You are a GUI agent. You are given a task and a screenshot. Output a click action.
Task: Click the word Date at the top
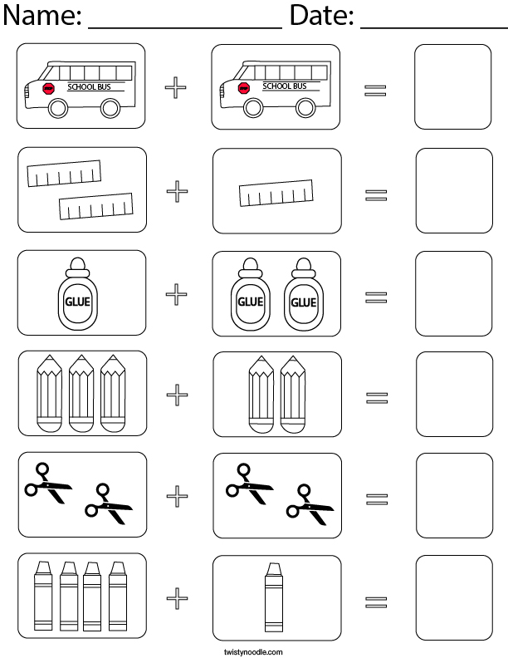(x=321, y=17)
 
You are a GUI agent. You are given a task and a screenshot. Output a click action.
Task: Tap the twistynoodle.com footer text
(x=253, y=651)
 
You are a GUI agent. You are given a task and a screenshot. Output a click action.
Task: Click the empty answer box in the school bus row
(x=452, y=87)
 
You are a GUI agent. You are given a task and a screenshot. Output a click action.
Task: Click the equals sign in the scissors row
(x=376, y=498)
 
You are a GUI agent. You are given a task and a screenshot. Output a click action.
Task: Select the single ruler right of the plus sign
(x=276, y=193)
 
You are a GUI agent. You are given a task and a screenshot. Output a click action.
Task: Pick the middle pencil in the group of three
(x=81, y=393)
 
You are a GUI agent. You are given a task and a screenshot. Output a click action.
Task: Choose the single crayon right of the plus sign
(x=271, y=597)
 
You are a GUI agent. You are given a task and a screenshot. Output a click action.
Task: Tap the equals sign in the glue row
(x=376, y=296)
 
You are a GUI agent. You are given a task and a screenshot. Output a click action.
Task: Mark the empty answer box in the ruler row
(x=452, y=190)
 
